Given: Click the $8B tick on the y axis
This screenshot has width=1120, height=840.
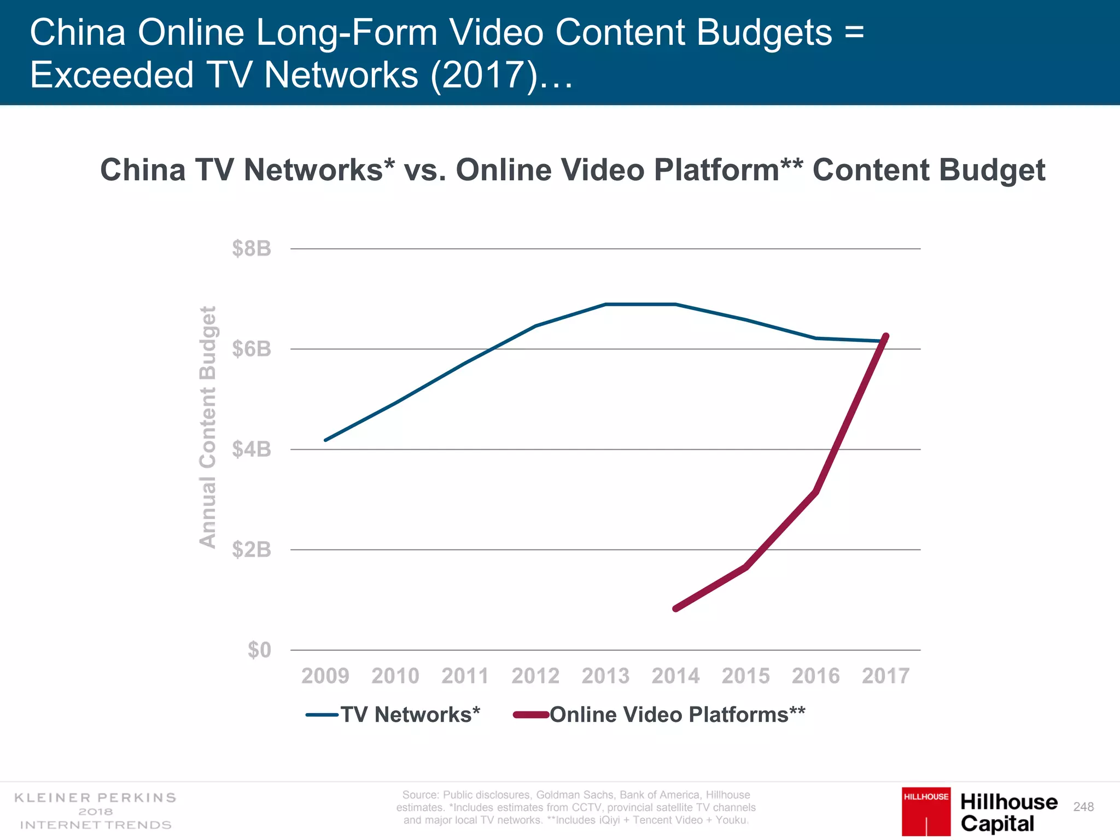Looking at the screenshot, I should (252, 249).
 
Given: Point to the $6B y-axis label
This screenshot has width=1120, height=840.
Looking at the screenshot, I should (252, 349).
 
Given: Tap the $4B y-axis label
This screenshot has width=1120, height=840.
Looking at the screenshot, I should (252, 450).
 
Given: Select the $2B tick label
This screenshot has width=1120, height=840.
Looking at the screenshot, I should (252, 550).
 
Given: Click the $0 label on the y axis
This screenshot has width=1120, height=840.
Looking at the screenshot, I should (259, 650).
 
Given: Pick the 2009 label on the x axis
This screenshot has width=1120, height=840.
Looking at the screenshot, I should (325, 676).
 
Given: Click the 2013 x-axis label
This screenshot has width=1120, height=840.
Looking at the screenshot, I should (605, 676).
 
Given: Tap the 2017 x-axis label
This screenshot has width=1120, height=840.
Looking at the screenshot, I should (885, 676).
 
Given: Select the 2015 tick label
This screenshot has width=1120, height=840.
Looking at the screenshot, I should (745, 676).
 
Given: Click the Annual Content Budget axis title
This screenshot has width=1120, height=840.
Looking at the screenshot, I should (208, 427).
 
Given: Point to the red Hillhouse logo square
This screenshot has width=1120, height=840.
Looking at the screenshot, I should (926, 811).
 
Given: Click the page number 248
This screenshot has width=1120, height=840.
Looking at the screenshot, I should (1083, 807).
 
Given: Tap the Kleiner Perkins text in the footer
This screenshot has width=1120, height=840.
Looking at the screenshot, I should (95, 798).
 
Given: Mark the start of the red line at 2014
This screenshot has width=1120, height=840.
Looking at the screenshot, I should (676, 608).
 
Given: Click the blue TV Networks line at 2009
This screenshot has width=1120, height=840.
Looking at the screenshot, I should (325, 440).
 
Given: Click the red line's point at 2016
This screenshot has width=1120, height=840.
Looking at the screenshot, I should (815, 492).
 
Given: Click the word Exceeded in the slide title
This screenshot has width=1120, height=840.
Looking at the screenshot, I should (112, 75).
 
